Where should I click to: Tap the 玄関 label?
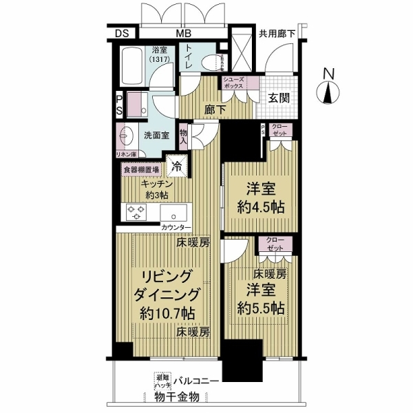click(279, 98)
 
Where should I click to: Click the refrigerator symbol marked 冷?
click(177, 166)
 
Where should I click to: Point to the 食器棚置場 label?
click(141, 169)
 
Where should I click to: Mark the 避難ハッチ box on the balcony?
click(161, 381)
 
